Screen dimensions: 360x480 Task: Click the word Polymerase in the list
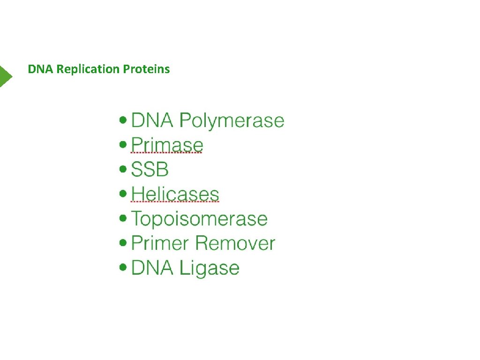coord(232,121)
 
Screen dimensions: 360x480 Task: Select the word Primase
coord(167,145)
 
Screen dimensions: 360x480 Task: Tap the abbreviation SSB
coord(150,170)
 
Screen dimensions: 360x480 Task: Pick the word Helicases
coord(175,194)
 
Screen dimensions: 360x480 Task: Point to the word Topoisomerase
coord(199,219)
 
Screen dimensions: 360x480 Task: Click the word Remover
coord(235,243)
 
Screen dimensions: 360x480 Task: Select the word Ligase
coord(210,268)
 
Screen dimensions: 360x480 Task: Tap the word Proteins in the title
coord(146,69)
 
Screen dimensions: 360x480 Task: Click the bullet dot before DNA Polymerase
coord(123,120)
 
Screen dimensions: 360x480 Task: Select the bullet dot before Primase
coord(123,145)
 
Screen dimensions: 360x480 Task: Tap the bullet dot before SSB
coord(123,169)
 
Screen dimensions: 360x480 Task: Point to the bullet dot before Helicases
coord(123,194)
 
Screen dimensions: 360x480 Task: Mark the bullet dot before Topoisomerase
coord(123,218)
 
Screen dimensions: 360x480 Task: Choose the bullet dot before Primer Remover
coord(123,243)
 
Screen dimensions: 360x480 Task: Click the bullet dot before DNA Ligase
coord(123,267)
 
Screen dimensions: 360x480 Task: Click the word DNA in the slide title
coord(41,69)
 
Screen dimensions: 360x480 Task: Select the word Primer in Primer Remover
coord(160,243)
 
